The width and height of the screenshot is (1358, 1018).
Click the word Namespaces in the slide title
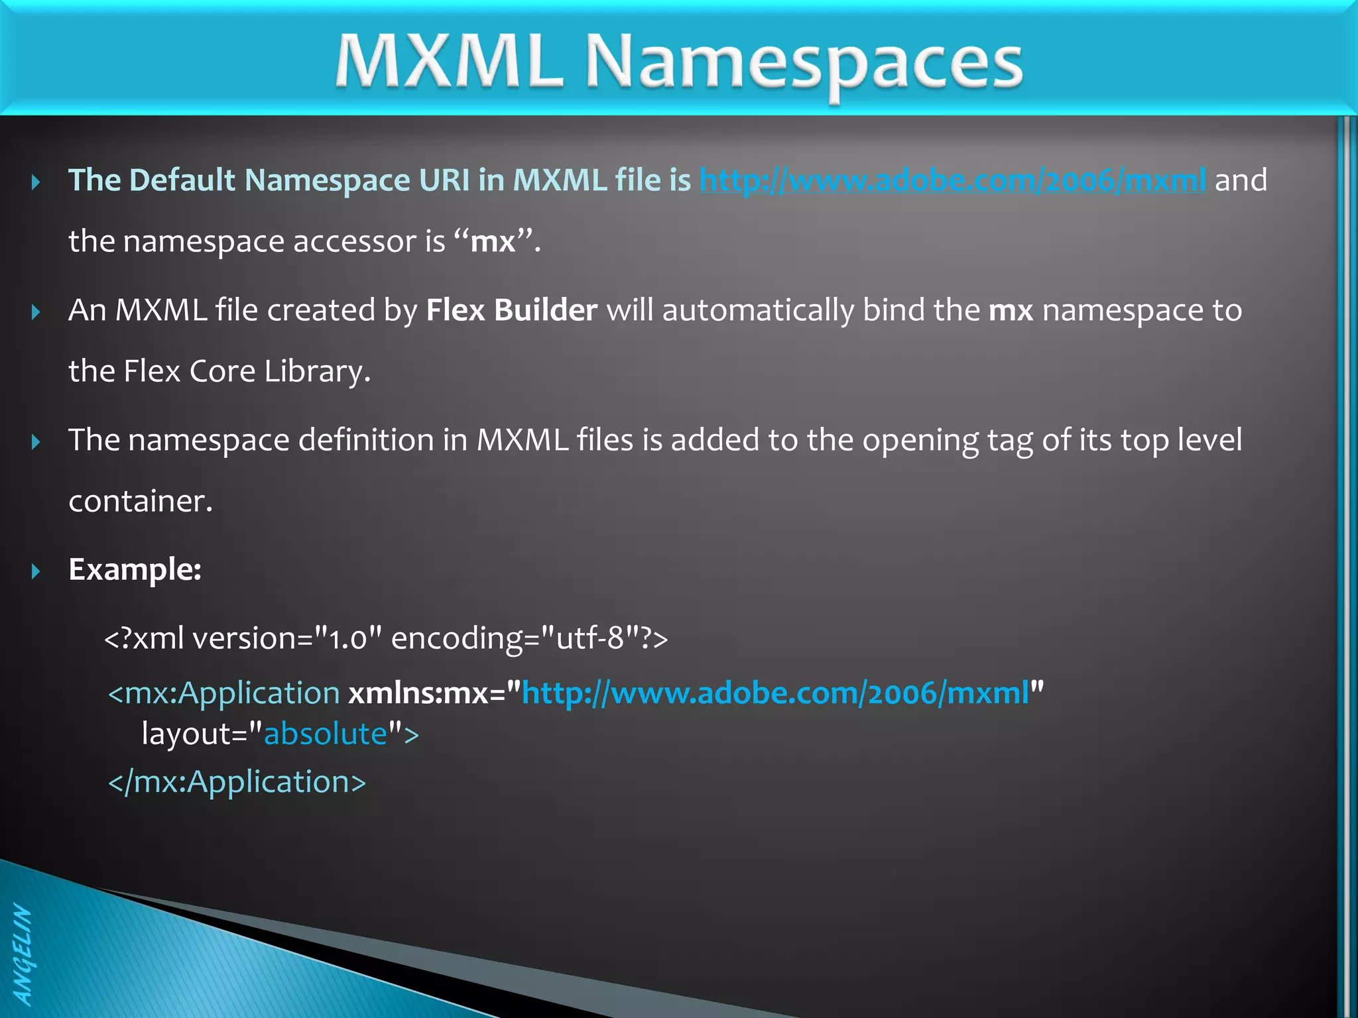pos(804,63)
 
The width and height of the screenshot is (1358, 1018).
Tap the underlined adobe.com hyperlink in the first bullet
pos(952,180)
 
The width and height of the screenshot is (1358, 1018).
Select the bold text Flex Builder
pos(511,310)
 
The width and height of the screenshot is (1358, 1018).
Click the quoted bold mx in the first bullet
pos(493,241)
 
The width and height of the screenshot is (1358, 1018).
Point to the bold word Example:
pos(135,569)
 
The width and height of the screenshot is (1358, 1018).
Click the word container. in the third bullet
pos(141,501)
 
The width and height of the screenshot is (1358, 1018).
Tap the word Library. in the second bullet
pos(317,371)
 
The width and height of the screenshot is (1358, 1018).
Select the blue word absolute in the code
pos(326,734)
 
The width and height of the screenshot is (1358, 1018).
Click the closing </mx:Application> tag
pos(237,782)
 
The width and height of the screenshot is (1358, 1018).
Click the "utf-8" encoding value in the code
pos(590,638)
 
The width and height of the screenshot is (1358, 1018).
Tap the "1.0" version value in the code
pos(348,638)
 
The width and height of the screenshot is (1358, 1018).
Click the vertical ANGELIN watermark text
pos(22,955)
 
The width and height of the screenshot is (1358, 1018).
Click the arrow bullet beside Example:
pos(36,571)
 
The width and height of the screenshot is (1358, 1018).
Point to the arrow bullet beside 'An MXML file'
pos(36,311)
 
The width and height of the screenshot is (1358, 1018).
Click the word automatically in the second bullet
pos(758,310)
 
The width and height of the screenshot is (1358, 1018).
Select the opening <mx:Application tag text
pos(224,693)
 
